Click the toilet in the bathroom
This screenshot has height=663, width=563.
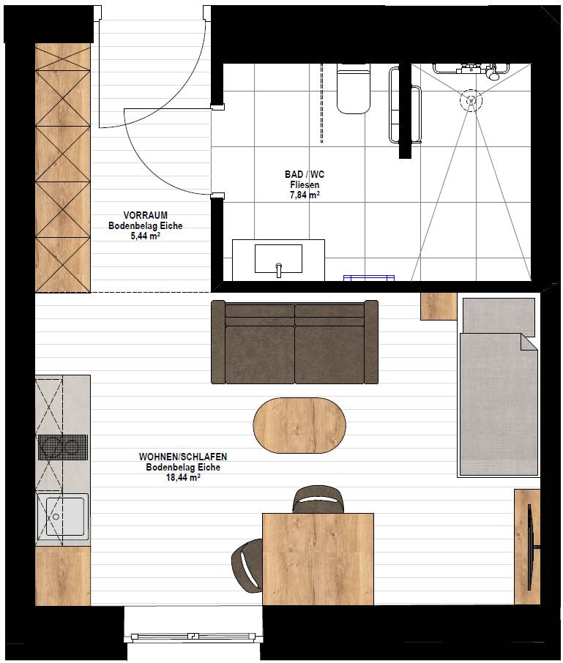(x=353, y=89)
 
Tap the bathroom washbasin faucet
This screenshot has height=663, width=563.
(x=279, y=270)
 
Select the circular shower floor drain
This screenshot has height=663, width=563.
(x=471, y=100)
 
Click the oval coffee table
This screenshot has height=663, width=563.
(x=299, y=425)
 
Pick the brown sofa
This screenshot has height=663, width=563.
(x=294, y=342)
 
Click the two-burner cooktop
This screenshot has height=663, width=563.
(x=63, y=447)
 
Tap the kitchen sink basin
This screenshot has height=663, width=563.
(x=64, y=517)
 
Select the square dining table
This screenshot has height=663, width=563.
(x=318, y=559)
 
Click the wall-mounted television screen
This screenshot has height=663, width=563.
(x=529, y=547)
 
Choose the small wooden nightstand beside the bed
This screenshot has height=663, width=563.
(x=439, y=306)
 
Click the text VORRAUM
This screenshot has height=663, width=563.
(x=146, y=215)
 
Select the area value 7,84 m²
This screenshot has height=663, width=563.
(x=305, y=195)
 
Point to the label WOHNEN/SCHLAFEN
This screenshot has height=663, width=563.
(x=183, y=457)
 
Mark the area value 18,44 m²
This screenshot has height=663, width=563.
(x=183, y=478)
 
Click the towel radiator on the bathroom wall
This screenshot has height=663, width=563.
(x=405, y=105)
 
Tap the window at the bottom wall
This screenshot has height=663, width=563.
(x=193, y=635)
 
